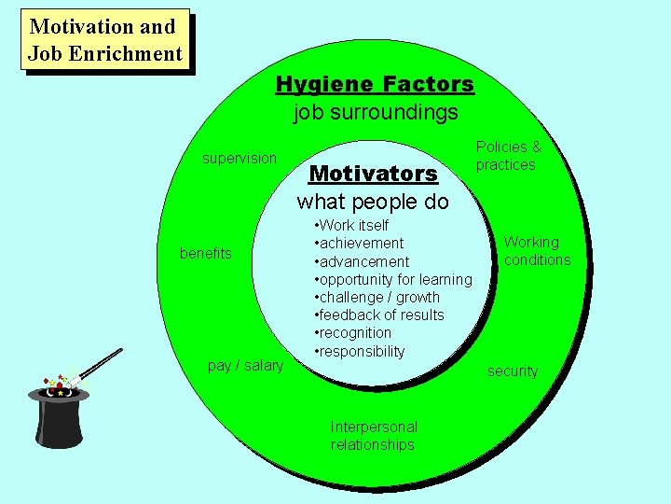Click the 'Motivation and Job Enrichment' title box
[104, 40]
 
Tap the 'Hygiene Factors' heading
[375, 85]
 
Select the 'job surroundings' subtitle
[376, 113]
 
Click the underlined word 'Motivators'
[373, 174]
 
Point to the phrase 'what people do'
[373, 202]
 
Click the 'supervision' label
[240, 159]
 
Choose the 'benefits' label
[205, 254]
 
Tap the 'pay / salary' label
[245, 366]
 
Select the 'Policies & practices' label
[508, 156]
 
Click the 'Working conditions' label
[537, 251]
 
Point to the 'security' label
[513, 371]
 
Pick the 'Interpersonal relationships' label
[374, 436]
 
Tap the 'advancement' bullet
[363, 262]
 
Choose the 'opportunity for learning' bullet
[394, 280]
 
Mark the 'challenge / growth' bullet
[377, 298]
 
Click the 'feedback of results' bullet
[380, 315]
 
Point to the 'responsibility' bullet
[361, 352]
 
